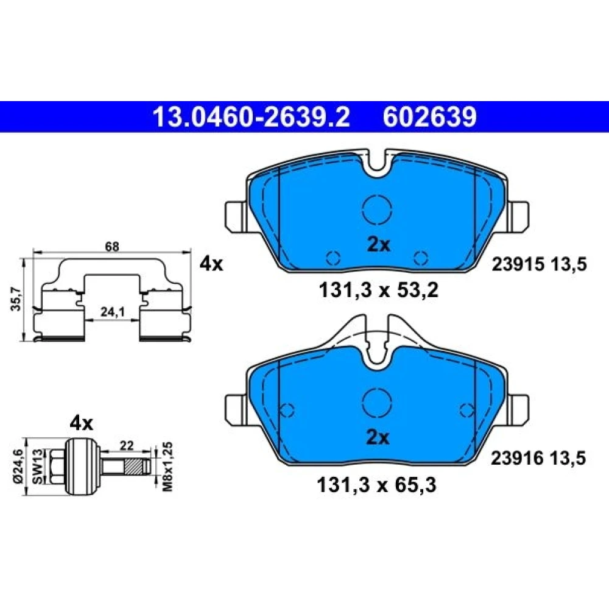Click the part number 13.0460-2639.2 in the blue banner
pyautogui.click(x=252, y=117)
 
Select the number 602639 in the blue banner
pyautogui.click(x=429, y=117)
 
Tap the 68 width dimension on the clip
pyautogui.click(x=112, y=246)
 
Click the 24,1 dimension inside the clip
pyautogui.click(x=112, y=311)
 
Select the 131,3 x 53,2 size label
pyautogui.click(x=378, y=290)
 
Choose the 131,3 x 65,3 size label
pyautogui.click(x=377, y=485)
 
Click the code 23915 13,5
pyautogui.click(x=539, y=264)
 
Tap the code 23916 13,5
pyautogui.click(x=538, y=459)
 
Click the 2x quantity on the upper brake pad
pyautogui.click(x=379, y=245)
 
